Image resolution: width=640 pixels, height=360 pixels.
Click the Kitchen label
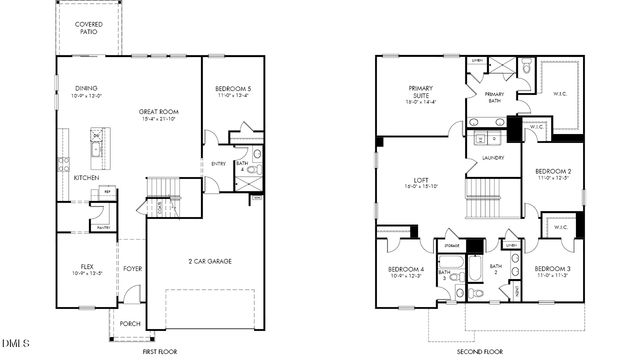click(86, 178)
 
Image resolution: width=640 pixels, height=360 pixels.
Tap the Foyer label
click(132, 268)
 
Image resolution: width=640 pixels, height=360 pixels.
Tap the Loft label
click(419, 182)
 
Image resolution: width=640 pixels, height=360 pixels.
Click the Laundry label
click(492, 158)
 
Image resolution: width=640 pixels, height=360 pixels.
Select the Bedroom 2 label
click(553, 173)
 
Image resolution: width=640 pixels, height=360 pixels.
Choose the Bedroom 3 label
click(553, 271)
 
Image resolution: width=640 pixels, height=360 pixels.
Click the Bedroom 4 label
click(406, 271)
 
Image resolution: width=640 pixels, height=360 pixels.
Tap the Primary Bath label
click(494, 96)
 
